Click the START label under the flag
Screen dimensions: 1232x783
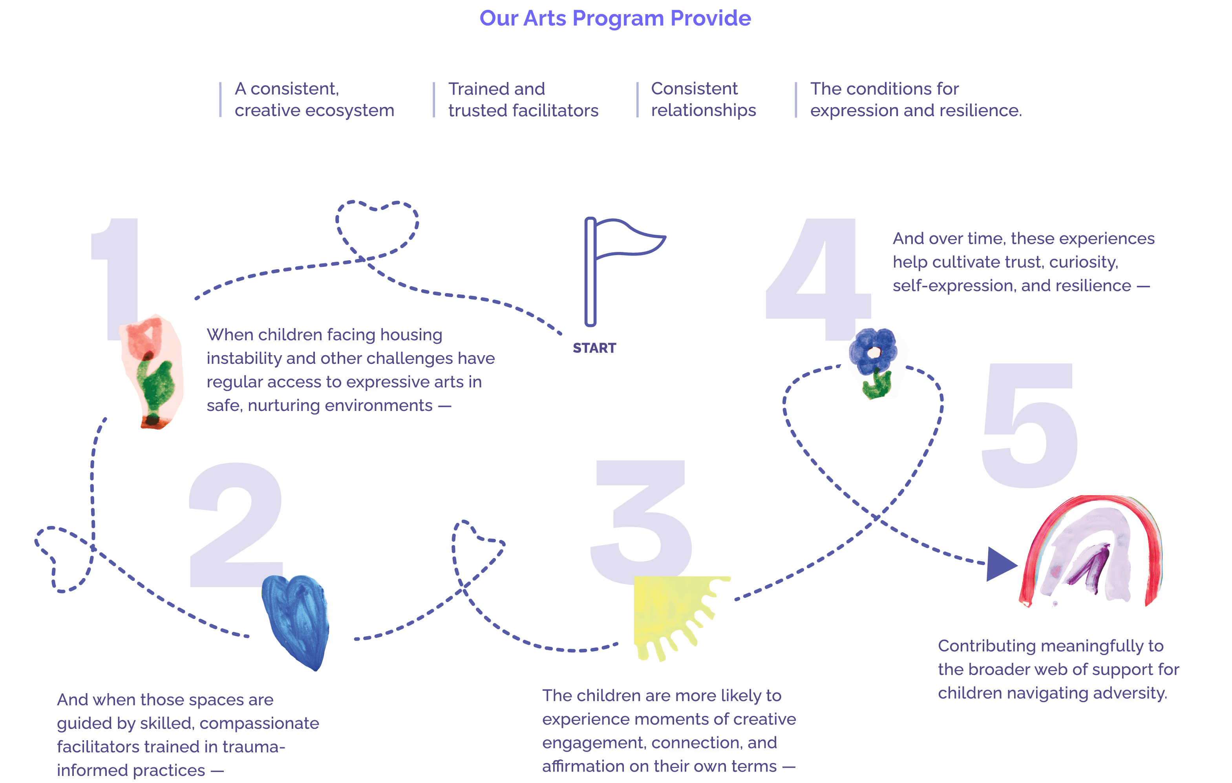pos(594,348)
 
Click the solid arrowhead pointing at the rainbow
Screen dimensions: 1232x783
pos(999,564)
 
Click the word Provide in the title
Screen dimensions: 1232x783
pos(710,18)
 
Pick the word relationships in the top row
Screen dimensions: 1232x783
pos(704,110)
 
